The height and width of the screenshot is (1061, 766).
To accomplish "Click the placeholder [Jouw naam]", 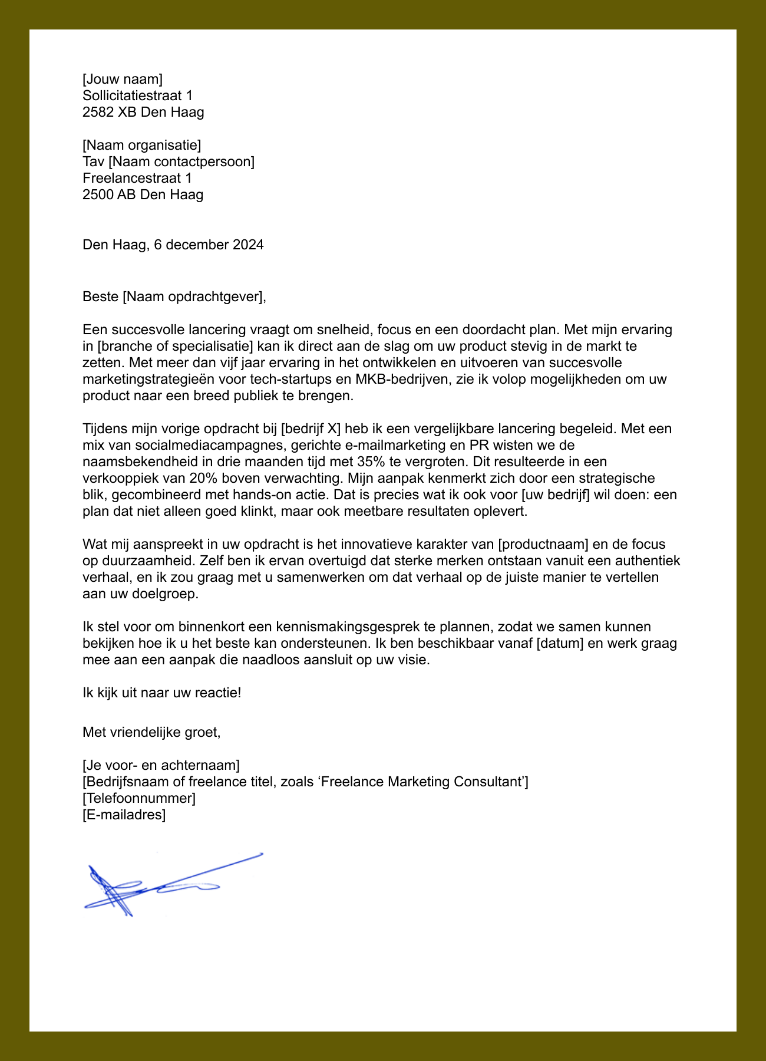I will pyautogui.click(x=122, y=79).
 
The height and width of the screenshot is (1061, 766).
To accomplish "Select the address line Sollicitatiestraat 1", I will pyautogui.click(x=137, y=95).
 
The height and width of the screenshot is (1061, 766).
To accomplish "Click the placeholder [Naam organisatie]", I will pyautogui.click(x=141, y=145).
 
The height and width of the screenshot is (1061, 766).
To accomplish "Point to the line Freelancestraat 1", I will pyautogui.click(x=137, y=178).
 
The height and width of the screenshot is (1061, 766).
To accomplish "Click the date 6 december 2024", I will pyautogui.click(x=209, y=245).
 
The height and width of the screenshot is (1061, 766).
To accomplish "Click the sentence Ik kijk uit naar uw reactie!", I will pyautogui.click(x=161, y=693).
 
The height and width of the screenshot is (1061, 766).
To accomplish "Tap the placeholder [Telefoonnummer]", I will pyautogui.click(x=139, y=798).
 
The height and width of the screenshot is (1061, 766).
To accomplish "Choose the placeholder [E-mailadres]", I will pyautogui.click(x=124, y=815).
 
